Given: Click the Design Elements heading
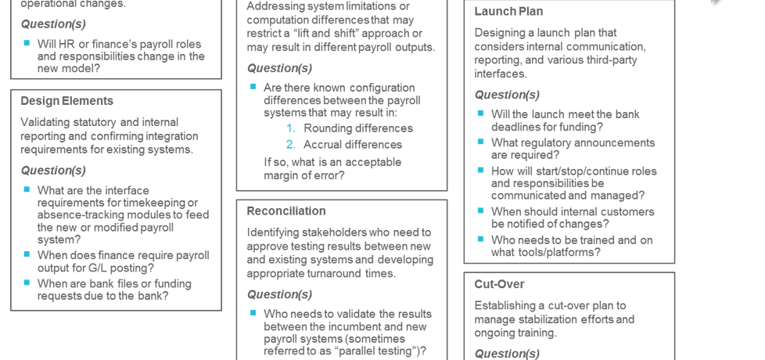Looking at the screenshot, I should coord(66,101).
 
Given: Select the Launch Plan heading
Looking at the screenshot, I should coord(508,12).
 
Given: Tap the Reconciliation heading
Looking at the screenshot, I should coord(286,211).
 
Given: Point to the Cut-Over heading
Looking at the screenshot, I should coord(499,284).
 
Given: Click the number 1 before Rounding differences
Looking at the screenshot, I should coord(291,128).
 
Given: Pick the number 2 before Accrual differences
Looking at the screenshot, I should coord(291,145).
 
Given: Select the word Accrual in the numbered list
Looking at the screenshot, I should coord(324,145).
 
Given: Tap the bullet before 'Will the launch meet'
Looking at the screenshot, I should coord(481,113).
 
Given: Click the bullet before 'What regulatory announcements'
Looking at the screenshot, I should coord(481,142).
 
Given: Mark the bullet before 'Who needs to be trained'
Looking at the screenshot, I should coord(481,239).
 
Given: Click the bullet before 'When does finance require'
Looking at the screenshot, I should coord(27,255).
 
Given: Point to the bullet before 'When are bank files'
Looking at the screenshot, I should coord(27,283).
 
